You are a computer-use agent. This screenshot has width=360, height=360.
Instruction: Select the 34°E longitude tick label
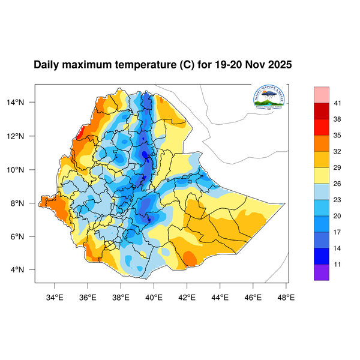55,296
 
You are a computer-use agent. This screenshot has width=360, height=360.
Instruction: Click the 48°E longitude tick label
286,296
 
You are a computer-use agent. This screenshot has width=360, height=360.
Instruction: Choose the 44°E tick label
220,296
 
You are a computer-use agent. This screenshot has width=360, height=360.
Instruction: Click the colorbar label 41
338,104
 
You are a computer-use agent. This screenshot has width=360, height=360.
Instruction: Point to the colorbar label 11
338,264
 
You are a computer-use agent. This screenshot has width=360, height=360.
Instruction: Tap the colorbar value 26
338,184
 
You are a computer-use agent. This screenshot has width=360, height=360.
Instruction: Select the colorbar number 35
338,136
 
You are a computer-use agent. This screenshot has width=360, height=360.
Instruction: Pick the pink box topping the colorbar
322,95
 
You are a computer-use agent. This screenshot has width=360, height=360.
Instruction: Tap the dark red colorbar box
322,112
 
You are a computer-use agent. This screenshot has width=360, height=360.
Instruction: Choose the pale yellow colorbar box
322,175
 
